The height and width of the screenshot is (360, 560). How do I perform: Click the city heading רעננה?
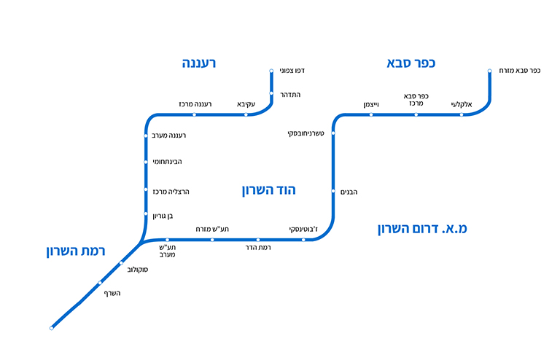tap(199, 63)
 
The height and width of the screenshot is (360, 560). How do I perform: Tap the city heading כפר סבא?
tap(411, 63)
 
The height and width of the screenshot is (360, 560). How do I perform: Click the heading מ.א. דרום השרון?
tap(422, 228)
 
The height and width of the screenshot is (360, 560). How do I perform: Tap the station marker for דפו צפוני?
tap(271, 71)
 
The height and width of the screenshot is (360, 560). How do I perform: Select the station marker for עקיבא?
tap(246, 114)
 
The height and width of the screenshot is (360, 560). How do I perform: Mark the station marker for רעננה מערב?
tap(146, 136)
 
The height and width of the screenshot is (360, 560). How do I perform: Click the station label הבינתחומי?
tap(167, 161)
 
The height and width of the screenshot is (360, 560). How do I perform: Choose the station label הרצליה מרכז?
tap(171, 191)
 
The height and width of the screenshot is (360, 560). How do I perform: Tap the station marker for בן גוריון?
tap(146, 214)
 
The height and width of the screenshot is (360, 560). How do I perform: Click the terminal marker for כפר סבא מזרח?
tap(490, 71)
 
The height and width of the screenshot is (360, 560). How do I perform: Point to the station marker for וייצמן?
tap(371, 114)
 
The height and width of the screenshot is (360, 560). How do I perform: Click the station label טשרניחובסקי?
tap(306, 133)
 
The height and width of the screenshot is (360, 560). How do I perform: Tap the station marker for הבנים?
tap(333, 192)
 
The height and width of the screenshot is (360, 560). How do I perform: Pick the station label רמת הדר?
tap(258, 249)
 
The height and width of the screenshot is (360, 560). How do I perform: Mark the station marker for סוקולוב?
tap(121, 262)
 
